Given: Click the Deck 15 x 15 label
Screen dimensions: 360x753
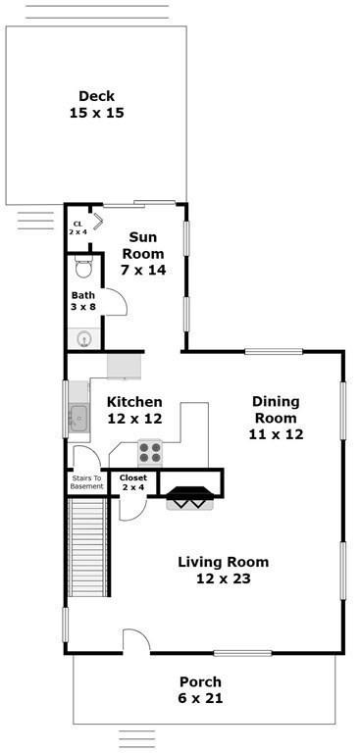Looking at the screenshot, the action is tap(96, 104).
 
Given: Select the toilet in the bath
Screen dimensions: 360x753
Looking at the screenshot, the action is tap(84, 267).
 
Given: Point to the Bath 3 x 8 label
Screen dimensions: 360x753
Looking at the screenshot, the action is tap(83, 301).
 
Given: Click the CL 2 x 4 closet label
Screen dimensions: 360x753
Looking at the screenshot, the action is tap(77, 227).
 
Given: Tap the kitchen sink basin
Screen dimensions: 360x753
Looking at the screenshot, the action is tap(77, 419).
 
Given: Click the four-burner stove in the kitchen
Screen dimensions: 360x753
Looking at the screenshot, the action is tap(150, 452).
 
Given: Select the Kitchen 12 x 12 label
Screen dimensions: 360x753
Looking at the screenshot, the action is tap(134, 410).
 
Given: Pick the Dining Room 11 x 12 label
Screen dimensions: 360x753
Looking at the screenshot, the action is tap(276, 418).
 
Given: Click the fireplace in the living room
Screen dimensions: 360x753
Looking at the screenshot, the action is tap(189, 498).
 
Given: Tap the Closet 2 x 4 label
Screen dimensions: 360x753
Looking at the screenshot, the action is tap(133, 482).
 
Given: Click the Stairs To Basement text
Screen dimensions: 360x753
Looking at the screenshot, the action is tap(87, 482).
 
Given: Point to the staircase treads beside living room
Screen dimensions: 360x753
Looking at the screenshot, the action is tap(87, 546).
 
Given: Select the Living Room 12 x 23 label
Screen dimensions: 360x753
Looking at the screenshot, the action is tap(224, 570).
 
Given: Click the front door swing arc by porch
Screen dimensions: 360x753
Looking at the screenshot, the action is tap(137, 634).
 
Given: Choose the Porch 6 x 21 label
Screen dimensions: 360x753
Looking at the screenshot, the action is tap(201, 689).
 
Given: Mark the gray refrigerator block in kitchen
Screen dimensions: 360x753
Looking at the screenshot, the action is tap(124, 366).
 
